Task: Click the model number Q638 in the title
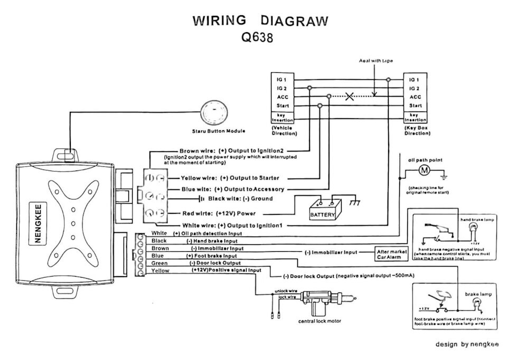(258, 39)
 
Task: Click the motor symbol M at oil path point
(425, 170)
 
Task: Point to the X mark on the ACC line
(349, 97)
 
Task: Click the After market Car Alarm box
(391, 254)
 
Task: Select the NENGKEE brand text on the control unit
(38, 222)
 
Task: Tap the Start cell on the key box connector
(415, 106)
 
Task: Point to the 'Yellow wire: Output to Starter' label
(230, 178)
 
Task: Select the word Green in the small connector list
(159, 263)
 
